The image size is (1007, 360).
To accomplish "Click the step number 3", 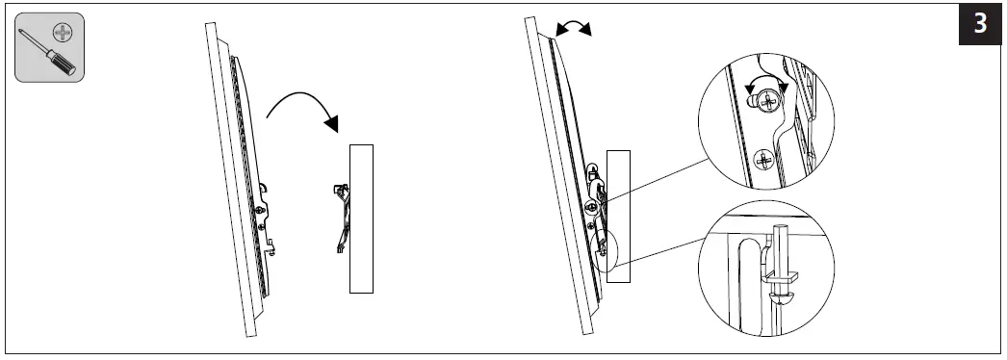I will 980,23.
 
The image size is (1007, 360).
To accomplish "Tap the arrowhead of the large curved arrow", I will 333,123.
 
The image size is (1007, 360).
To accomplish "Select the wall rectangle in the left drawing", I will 361,218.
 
